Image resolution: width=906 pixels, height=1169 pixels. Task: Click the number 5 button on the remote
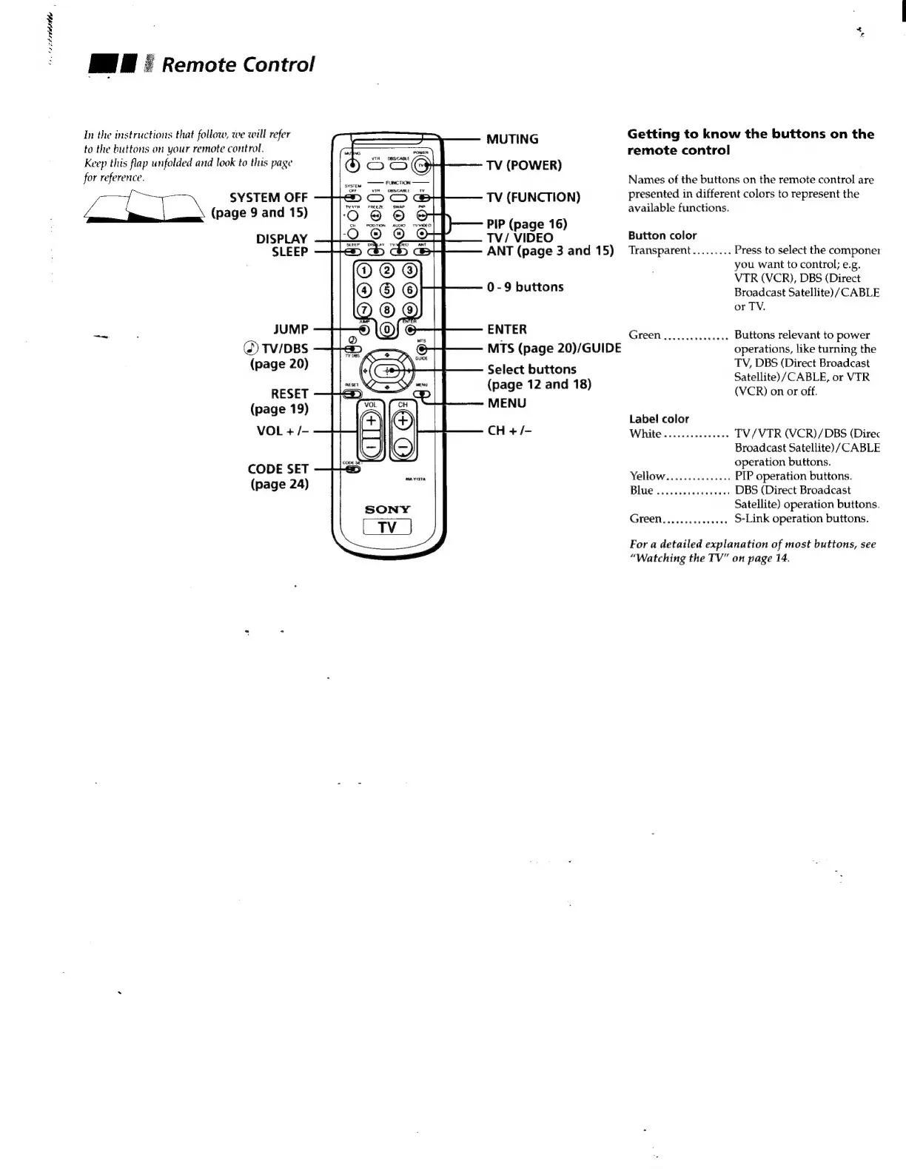click(x=386, y=290)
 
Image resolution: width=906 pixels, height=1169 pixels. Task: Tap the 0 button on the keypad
click(x=386, y=329)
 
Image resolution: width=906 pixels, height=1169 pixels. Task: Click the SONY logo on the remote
click(x=387, y=510)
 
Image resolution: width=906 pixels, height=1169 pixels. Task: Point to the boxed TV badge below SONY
click(x=387, y=527)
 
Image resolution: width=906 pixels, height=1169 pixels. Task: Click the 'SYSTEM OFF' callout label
click(x=269, y=198)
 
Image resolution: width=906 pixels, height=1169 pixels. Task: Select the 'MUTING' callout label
click(x=512, y=139)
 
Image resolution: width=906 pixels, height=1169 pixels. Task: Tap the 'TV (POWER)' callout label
click(x=524, y=165)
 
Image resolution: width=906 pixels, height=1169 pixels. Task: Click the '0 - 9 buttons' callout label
click(x=525, y=287)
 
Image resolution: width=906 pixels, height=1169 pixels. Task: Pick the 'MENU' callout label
click(x=507, y=403)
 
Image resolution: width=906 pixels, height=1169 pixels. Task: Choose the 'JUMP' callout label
click(x=291, y=329)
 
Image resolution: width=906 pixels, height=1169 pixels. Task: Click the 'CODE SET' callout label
click(x=278, y=469)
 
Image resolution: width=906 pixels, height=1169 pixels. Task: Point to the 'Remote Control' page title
click(x=238, y=64)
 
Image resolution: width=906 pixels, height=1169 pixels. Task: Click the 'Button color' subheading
click(x=662, y=236)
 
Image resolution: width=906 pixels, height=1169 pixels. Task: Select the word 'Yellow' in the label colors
click(x=648, y=476)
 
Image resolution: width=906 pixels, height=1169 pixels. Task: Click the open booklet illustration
click(x=145, y=206)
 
